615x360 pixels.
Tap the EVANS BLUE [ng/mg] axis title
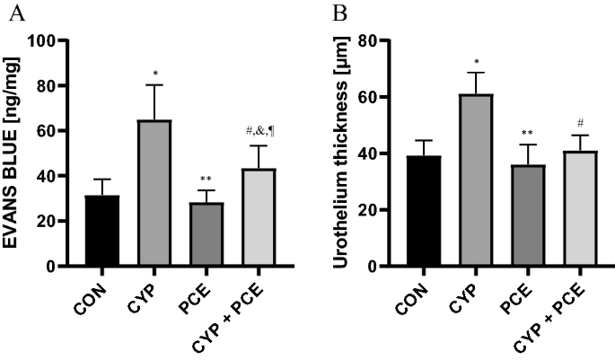click(20, 154)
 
